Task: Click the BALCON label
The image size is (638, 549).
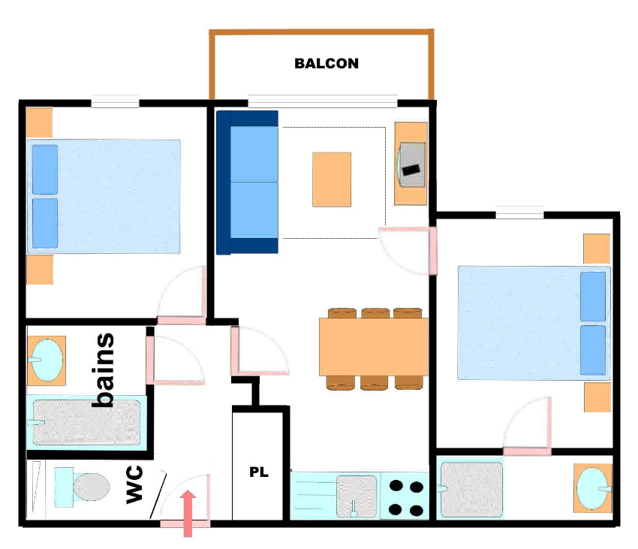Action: click(x=327, y=64)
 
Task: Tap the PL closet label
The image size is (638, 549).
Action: click(x=259, y=472)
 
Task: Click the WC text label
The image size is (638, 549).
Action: click(x=134, y=484)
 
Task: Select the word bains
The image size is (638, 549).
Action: click(x=103, y=370)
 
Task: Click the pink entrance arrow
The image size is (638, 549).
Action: click(x=188, y=513)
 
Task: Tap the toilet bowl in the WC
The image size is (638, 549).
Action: click(x=91, y=487)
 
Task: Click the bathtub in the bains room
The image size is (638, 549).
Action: click(x=86, y=422)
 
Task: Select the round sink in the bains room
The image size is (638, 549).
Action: click(x=47, y=360)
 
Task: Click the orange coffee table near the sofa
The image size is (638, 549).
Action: click(x=332, y=179)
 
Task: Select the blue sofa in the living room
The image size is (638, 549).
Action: click(x=248, y=182)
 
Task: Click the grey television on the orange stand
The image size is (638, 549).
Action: click(x=411, y=164)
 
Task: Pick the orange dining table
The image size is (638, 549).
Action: click(x=373, y=346)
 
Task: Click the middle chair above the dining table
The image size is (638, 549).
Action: click(x=375, y=312)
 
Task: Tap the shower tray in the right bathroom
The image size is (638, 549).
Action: click(x=471, y=489)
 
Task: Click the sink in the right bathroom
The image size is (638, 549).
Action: click(x=592, y=488)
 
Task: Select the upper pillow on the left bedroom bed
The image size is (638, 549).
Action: click(x=45, y=170)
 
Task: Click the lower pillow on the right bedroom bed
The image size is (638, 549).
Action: click(x=593, y=350)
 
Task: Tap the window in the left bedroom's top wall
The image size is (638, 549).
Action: click(x=115, y=101)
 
